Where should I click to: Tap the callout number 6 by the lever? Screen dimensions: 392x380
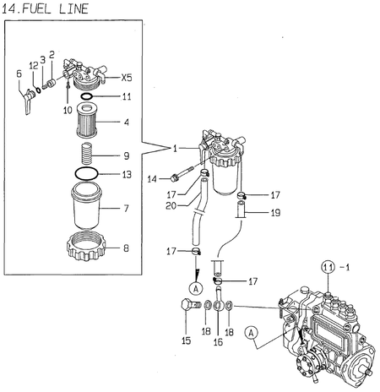point(19,73)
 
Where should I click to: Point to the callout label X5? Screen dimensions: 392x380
point(126,76)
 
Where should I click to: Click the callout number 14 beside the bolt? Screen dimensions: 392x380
point(152,179)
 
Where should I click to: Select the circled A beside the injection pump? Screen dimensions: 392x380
point(251,332)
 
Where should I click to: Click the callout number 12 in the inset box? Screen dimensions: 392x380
point(33,65)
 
